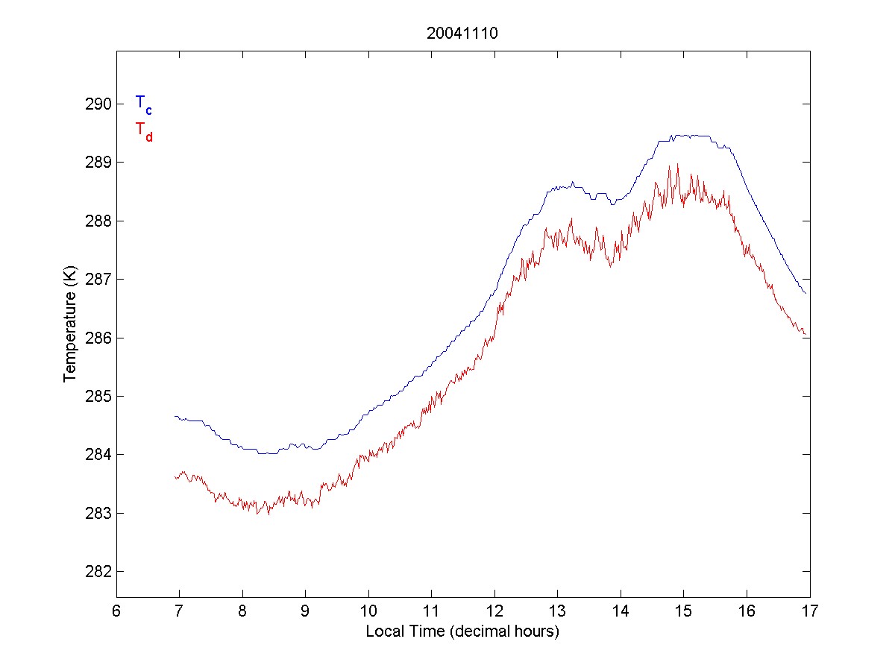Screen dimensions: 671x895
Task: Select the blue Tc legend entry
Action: [x=143, y=104]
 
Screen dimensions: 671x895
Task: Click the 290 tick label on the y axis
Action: [x=98, y=104]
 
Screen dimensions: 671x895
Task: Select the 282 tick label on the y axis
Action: [x=98, y=572]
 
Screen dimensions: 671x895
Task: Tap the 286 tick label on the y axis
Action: [x=98, y=338]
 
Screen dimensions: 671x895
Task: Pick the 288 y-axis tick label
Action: [x=98, y=221]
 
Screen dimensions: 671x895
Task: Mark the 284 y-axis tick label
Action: [x=98, y=455]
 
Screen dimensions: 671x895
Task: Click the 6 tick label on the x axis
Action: [x=116, y=612]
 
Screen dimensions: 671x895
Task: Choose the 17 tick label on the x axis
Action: [x=809, y=612]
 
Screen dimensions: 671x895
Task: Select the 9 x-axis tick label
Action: [x=305, y=612]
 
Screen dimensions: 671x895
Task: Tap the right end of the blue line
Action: [x=806, y=294]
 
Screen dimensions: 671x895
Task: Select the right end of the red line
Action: [x=806, y=334]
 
